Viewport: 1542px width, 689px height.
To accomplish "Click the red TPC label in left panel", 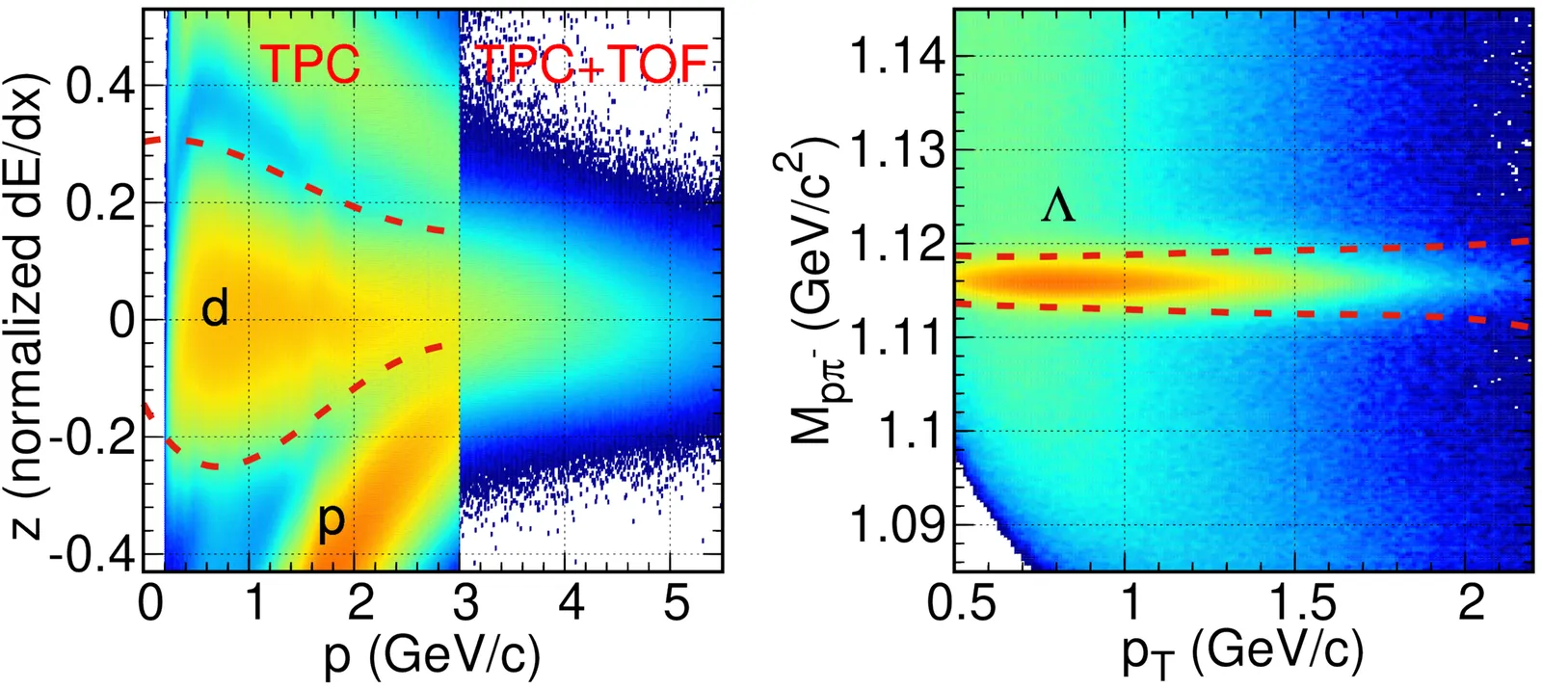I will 310,65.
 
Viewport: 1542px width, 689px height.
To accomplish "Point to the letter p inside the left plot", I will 331,520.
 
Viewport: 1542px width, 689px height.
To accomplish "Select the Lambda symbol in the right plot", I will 1057,207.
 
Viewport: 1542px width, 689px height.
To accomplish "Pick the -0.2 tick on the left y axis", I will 92,438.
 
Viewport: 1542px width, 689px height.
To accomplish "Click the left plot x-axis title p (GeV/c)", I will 432,656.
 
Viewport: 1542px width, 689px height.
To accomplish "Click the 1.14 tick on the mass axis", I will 896,58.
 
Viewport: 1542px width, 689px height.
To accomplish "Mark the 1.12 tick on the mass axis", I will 896,246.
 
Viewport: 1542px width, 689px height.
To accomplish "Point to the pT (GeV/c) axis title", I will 1242,656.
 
